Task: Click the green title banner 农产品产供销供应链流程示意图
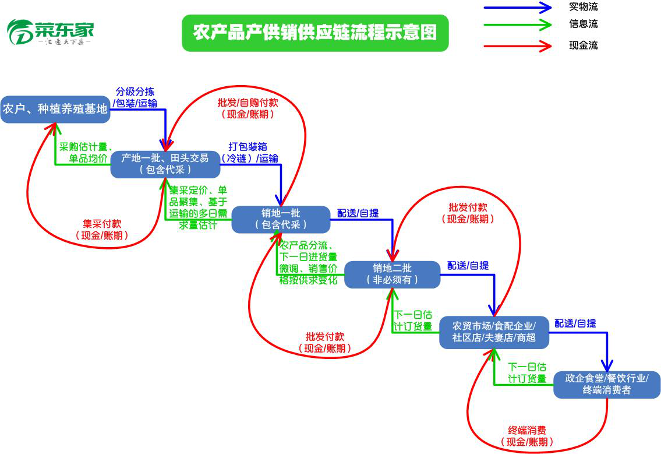[x=315, y=33]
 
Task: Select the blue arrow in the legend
[x=517, y=8]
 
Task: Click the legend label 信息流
[x=583, y=24]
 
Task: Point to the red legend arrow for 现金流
[x=517, y=45]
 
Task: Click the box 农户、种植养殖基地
[x=55, y=109]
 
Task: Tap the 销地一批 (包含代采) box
[x=281, y=219]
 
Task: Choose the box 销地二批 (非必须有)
[x=392, y=274]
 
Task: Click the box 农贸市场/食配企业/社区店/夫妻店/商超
[x=494, y=332]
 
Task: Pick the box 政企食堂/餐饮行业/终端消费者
[x=606, y=385]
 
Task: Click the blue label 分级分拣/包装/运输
[x=135, y=98]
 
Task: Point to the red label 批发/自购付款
[x=248, y=108]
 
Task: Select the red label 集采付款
[x=102, y=230]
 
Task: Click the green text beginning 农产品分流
[x=308, y=262]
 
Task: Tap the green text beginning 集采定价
[x=198, y=207]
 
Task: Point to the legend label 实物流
[x=583, y=8]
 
